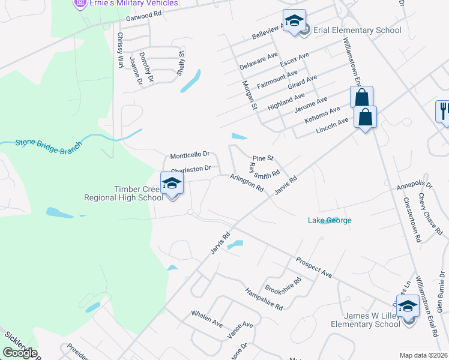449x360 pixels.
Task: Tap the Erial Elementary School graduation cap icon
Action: [294, 21]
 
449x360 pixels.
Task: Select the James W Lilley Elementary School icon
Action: [408, 307]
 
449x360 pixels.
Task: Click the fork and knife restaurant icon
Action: [443, 111]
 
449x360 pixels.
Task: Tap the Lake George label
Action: [330, 220]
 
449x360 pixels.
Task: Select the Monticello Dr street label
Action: [189, 154]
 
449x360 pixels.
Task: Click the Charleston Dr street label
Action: [191, 169]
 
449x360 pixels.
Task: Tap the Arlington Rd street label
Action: [247, 183]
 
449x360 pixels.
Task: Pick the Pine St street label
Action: [263, 158]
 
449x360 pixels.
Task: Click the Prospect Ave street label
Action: [313, 268]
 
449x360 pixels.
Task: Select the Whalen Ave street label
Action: [207, 319]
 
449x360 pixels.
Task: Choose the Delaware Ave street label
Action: [259, 60]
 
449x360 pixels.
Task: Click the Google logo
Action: [20, 352]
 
